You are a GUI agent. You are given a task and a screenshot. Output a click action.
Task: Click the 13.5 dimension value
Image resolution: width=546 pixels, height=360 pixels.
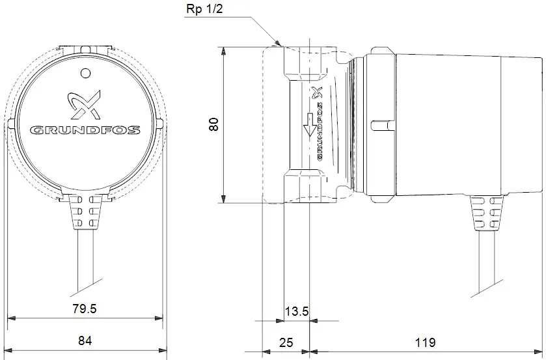(296, 311)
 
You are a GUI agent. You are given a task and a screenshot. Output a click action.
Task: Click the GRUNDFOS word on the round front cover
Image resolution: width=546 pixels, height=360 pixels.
(85, 130)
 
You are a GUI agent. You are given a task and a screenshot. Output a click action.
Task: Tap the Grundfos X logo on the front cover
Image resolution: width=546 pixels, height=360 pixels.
(85, 104)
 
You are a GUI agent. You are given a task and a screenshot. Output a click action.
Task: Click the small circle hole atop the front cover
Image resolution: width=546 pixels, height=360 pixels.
(85, 72)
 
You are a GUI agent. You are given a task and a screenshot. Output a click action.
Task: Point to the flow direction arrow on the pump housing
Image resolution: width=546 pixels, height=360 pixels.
(309, 126)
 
